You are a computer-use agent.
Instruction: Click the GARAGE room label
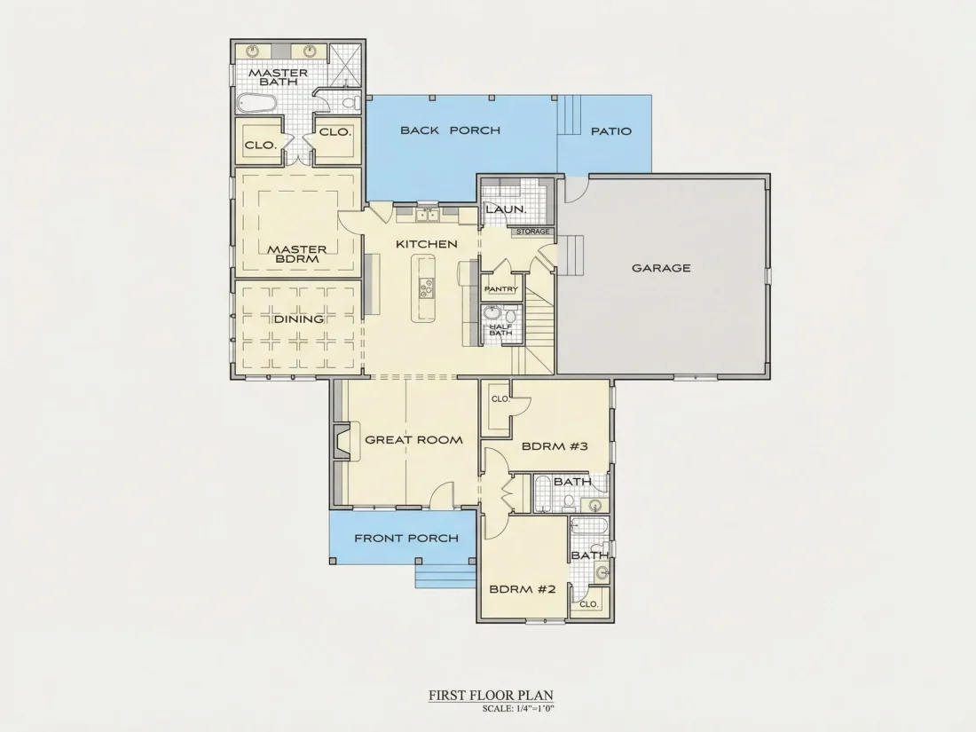coord(661,268)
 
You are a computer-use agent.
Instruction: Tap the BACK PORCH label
coord(450,130)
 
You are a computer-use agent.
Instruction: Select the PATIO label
coord(610,131)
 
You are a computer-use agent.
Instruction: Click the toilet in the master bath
coord(351,101)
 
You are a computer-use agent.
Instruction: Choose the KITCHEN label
coord(427,244)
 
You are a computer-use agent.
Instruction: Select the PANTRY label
coord(501,289)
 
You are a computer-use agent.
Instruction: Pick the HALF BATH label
coord(500,329)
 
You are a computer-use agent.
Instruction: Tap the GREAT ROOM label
coord(414,440)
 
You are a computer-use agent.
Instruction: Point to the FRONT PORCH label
coord(406,539)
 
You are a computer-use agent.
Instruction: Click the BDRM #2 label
coord(523,589)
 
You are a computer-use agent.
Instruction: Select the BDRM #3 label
coord(555,446)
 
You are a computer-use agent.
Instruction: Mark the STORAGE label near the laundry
coord(533,232)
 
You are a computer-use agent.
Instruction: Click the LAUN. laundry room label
coord(506,209)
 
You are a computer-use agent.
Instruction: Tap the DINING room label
coord(299,319)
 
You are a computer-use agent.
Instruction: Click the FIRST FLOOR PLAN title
coord(492,696)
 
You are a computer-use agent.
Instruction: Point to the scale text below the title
coord(518,708)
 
